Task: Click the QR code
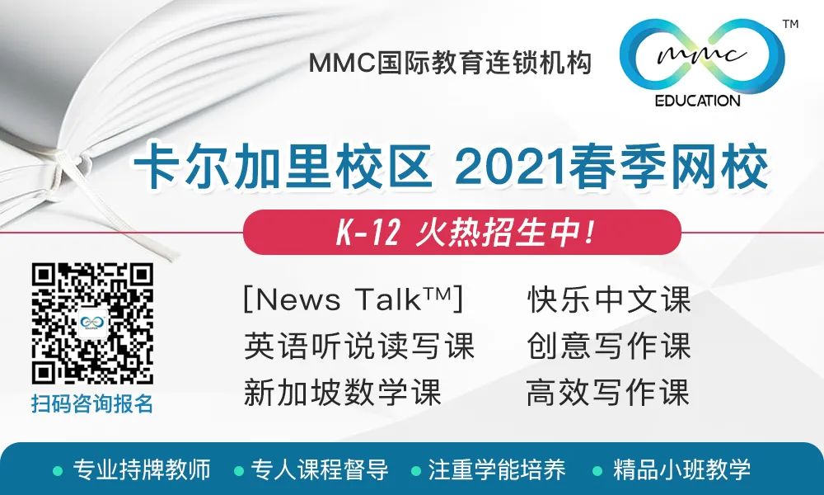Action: (92, 323)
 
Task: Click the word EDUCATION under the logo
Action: (697, 101)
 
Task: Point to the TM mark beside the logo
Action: (790, 24)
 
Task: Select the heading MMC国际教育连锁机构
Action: (451, 64)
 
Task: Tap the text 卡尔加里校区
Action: (283, 167)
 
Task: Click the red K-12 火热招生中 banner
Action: (462, 232)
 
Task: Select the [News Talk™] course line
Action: (353, 299)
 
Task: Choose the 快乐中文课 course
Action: (609, 299)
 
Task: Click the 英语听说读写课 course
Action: (359, 346)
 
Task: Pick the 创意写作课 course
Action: (609, 346)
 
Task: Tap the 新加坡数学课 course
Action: (342, 393)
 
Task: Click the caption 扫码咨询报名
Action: (92, 404)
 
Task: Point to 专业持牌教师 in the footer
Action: (142, 469)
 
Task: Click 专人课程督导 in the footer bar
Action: (320, 469)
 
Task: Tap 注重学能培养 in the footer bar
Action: (497, 469)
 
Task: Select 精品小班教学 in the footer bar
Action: (681, 469)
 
